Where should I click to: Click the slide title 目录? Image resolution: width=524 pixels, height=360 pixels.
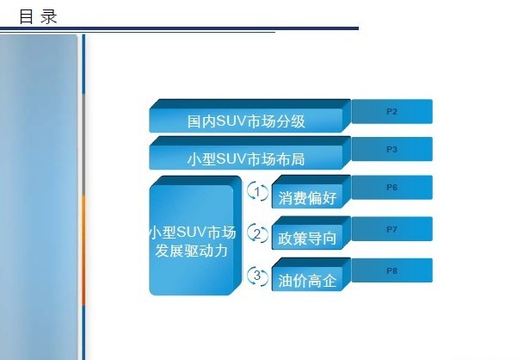tap(38, 16)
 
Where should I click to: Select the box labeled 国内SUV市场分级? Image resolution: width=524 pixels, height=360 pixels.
tap(250, 115)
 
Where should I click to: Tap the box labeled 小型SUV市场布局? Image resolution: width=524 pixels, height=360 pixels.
tap(250, 153)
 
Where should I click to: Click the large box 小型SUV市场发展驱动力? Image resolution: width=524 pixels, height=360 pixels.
tap(195, 235)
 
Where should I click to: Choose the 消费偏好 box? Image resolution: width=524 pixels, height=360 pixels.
tap(311, 192)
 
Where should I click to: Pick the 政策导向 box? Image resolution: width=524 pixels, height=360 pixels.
tap(311, 233)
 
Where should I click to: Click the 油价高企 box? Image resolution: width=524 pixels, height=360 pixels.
tap(311, 275)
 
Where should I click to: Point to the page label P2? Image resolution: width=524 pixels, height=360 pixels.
tap(391, 112)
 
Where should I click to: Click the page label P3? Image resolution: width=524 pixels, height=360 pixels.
tap(391, 149)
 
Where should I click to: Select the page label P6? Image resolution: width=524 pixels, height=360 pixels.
tap(391, 188)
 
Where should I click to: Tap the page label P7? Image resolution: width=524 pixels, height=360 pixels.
tap(391, 229)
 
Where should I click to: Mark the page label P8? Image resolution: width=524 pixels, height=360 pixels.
tap(391, 270)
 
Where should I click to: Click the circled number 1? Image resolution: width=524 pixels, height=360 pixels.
tap(257, 192)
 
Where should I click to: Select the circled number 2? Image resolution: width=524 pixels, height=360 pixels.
tap(257, 233)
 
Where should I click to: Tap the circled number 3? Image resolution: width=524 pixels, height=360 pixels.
tap(257, 276)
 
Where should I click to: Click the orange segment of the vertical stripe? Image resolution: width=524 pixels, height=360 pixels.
tap(83, 251)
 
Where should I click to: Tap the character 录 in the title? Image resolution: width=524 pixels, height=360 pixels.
tap(49, 16)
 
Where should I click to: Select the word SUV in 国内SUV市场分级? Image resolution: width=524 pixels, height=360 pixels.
tap(231, 121)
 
